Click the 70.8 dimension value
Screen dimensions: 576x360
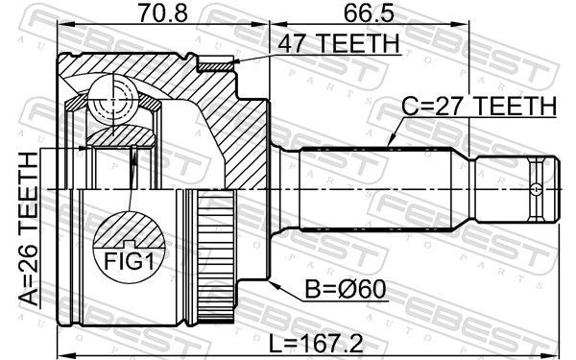pos(162,13)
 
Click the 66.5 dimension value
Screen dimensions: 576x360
pos(369,13)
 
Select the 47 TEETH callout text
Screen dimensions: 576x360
pos(338,44)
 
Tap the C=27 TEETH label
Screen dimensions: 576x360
pos(479,106)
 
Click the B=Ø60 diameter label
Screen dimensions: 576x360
pos(346,289)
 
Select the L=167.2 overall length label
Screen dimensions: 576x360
pos(316,344)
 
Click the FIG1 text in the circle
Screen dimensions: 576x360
pos(129,261)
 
